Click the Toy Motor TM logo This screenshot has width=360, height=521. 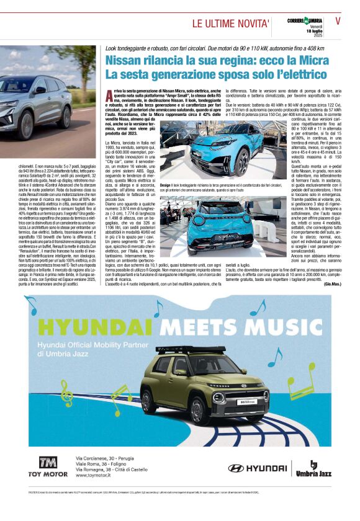click(x=47, y=463)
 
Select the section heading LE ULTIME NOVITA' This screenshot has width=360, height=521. click(x=231, y=24)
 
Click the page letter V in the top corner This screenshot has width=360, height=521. click(x=338, y=20)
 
